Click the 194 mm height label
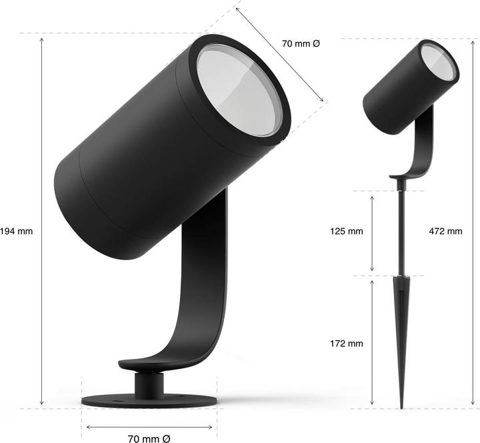16,232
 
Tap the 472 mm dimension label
445,232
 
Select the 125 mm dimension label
347,232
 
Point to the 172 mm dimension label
347,344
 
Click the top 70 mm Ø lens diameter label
301,43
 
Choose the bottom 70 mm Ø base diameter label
149,438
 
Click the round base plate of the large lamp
149,401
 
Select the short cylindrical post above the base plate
149,384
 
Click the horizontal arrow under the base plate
149,427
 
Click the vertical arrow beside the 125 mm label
372,232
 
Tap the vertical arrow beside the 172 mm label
372,344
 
